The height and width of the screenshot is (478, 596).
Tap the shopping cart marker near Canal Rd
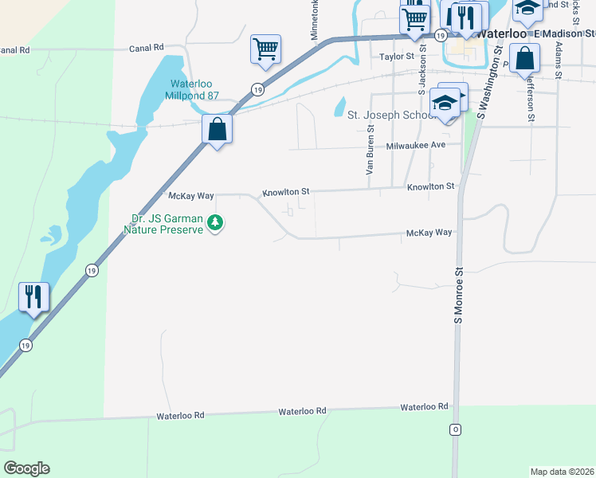[265, 49]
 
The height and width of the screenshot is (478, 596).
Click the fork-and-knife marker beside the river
[33, 298]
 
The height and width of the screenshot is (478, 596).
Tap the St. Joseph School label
[389, 115]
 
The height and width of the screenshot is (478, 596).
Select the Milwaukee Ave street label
[415, 146]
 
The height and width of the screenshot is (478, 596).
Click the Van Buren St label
[370, 154]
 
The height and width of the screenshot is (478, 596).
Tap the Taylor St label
[397, 57]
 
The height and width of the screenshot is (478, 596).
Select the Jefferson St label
[530, 101]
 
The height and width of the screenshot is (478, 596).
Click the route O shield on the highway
[456, 429]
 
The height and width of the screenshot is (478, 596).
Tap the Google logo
[26, 468]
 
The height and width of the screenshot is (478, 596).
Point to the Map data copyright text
[562, 472]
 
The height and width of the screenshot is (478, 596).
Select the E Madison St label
[565, 33]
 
